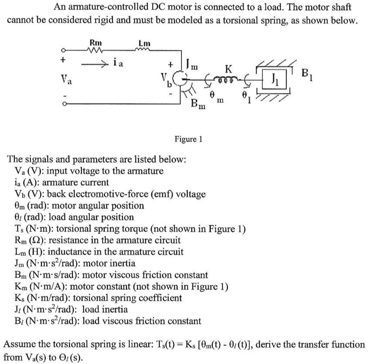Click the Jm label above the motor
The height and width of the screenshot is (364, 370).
click(x=192, y=66)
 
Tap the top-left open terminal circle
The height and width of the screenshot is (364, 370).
click(x=64, y=50)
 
